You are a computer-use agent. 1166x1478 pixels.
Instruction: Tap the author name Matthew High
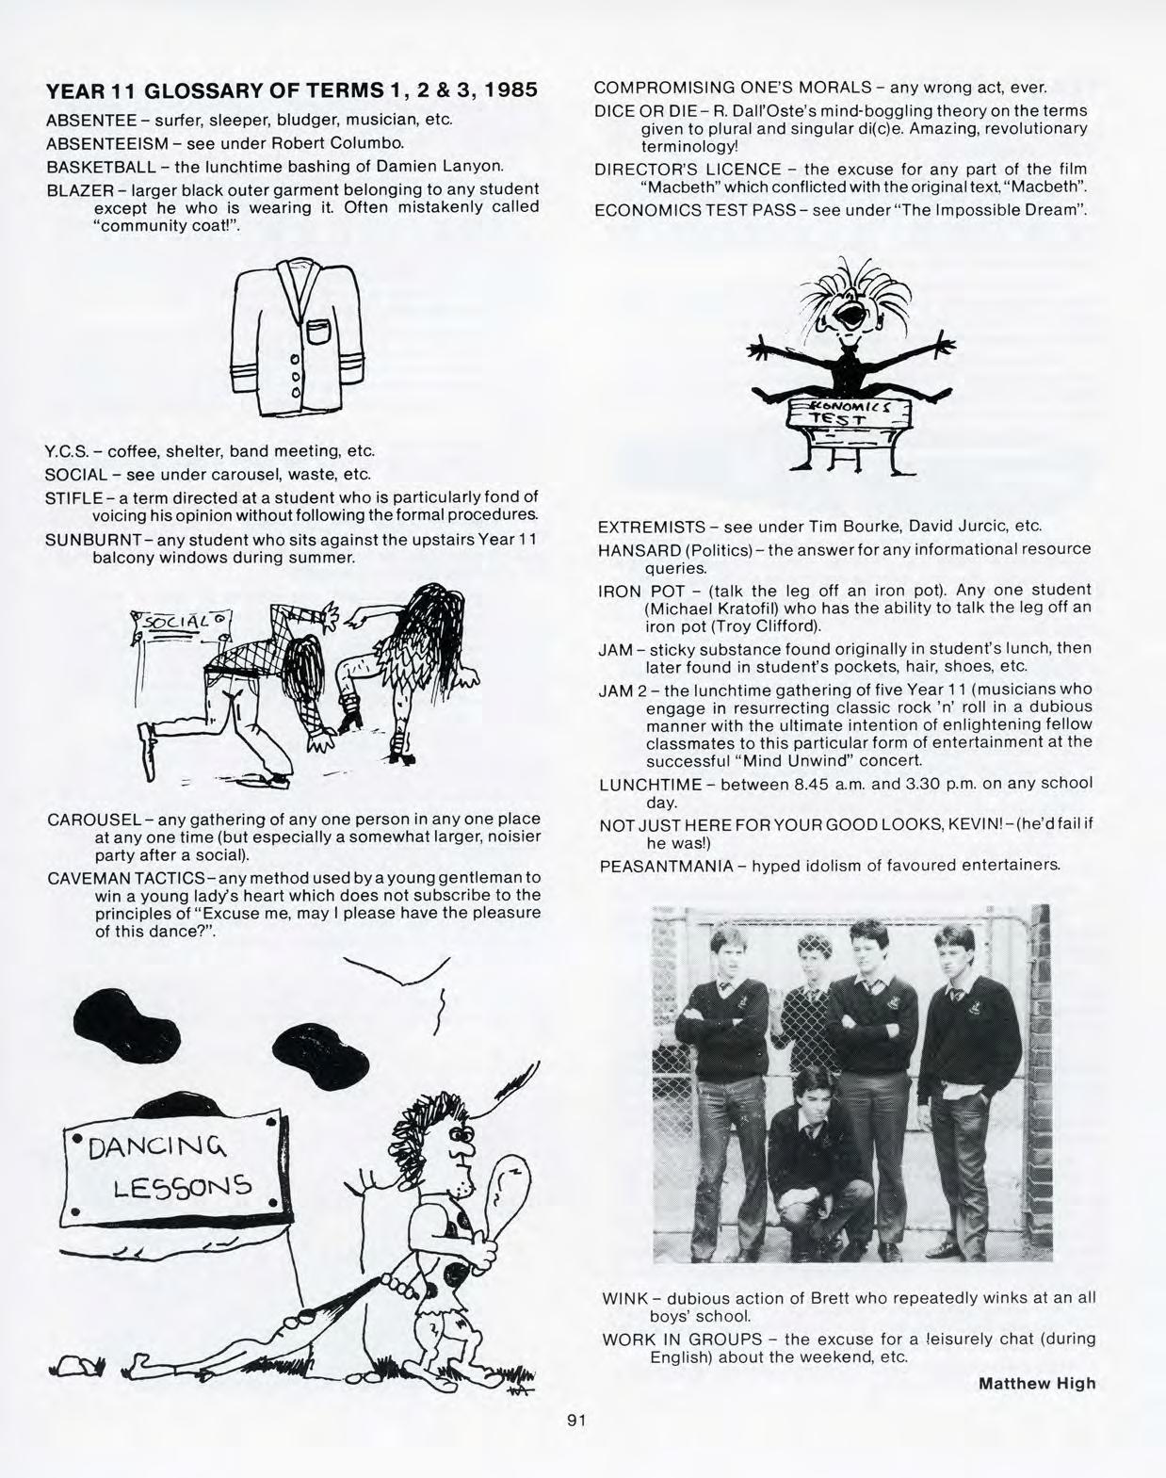[x=1038, y=1383]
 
